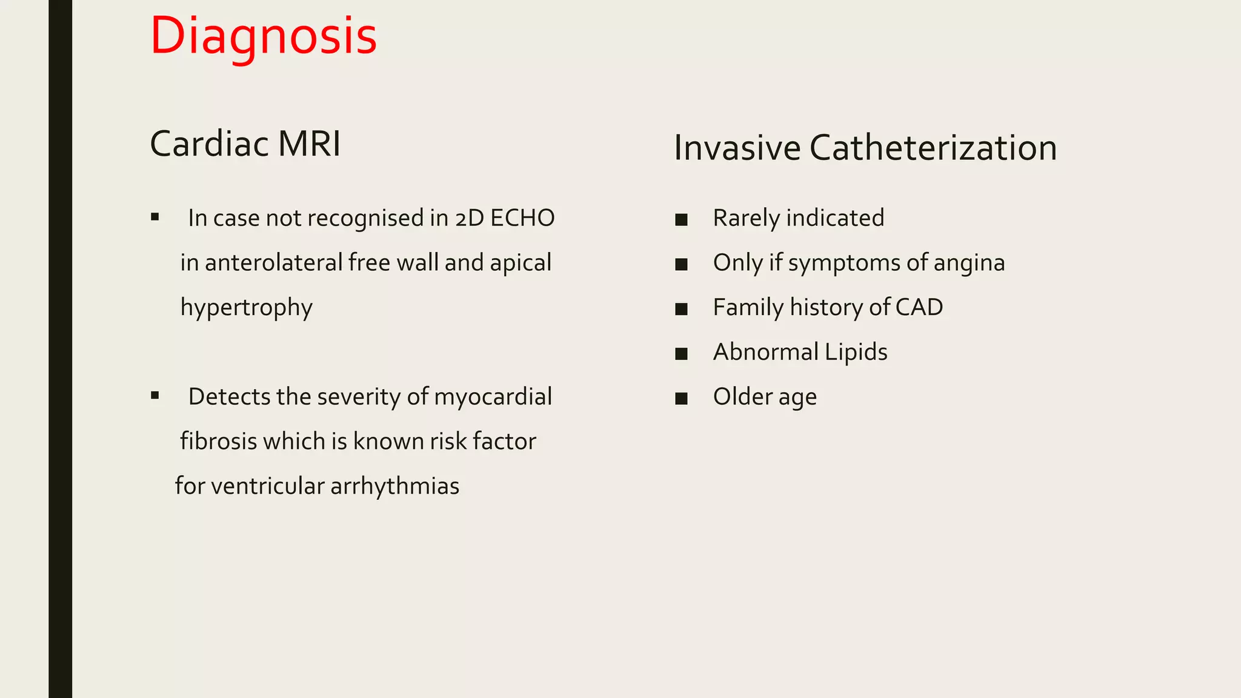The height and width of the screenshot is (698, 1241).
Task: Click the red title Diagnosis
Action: click(263, 36)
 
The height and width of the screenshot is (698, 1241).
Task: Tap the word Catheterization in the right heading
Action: click(933, 148)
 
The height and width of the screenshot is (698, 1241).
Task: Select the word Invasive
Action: click(737, 148)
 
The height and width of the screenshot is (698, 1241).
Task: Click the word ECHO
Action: click(522, 218)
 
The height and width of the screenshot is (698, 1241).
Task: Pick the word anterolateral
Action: click(274, 263)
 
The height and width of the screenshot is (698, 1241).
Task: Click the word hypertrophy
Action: click(247, 308)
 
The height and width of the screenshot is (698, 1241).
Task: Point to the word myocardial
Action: click(493, 397)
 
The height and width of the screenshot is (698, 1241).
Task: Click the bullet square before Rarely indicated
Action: click(681, 219)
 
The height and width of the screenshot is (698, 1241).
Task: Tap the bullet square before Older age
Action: click(681, 398)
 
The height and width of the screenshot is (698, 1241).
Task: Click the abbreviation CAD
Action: click(919, 307)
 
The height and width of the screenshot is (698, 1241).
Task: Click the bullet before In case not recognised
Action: click(155, 217)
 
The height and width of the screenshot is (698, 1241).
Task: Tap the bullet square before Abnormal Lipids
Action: click(681, 353)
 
